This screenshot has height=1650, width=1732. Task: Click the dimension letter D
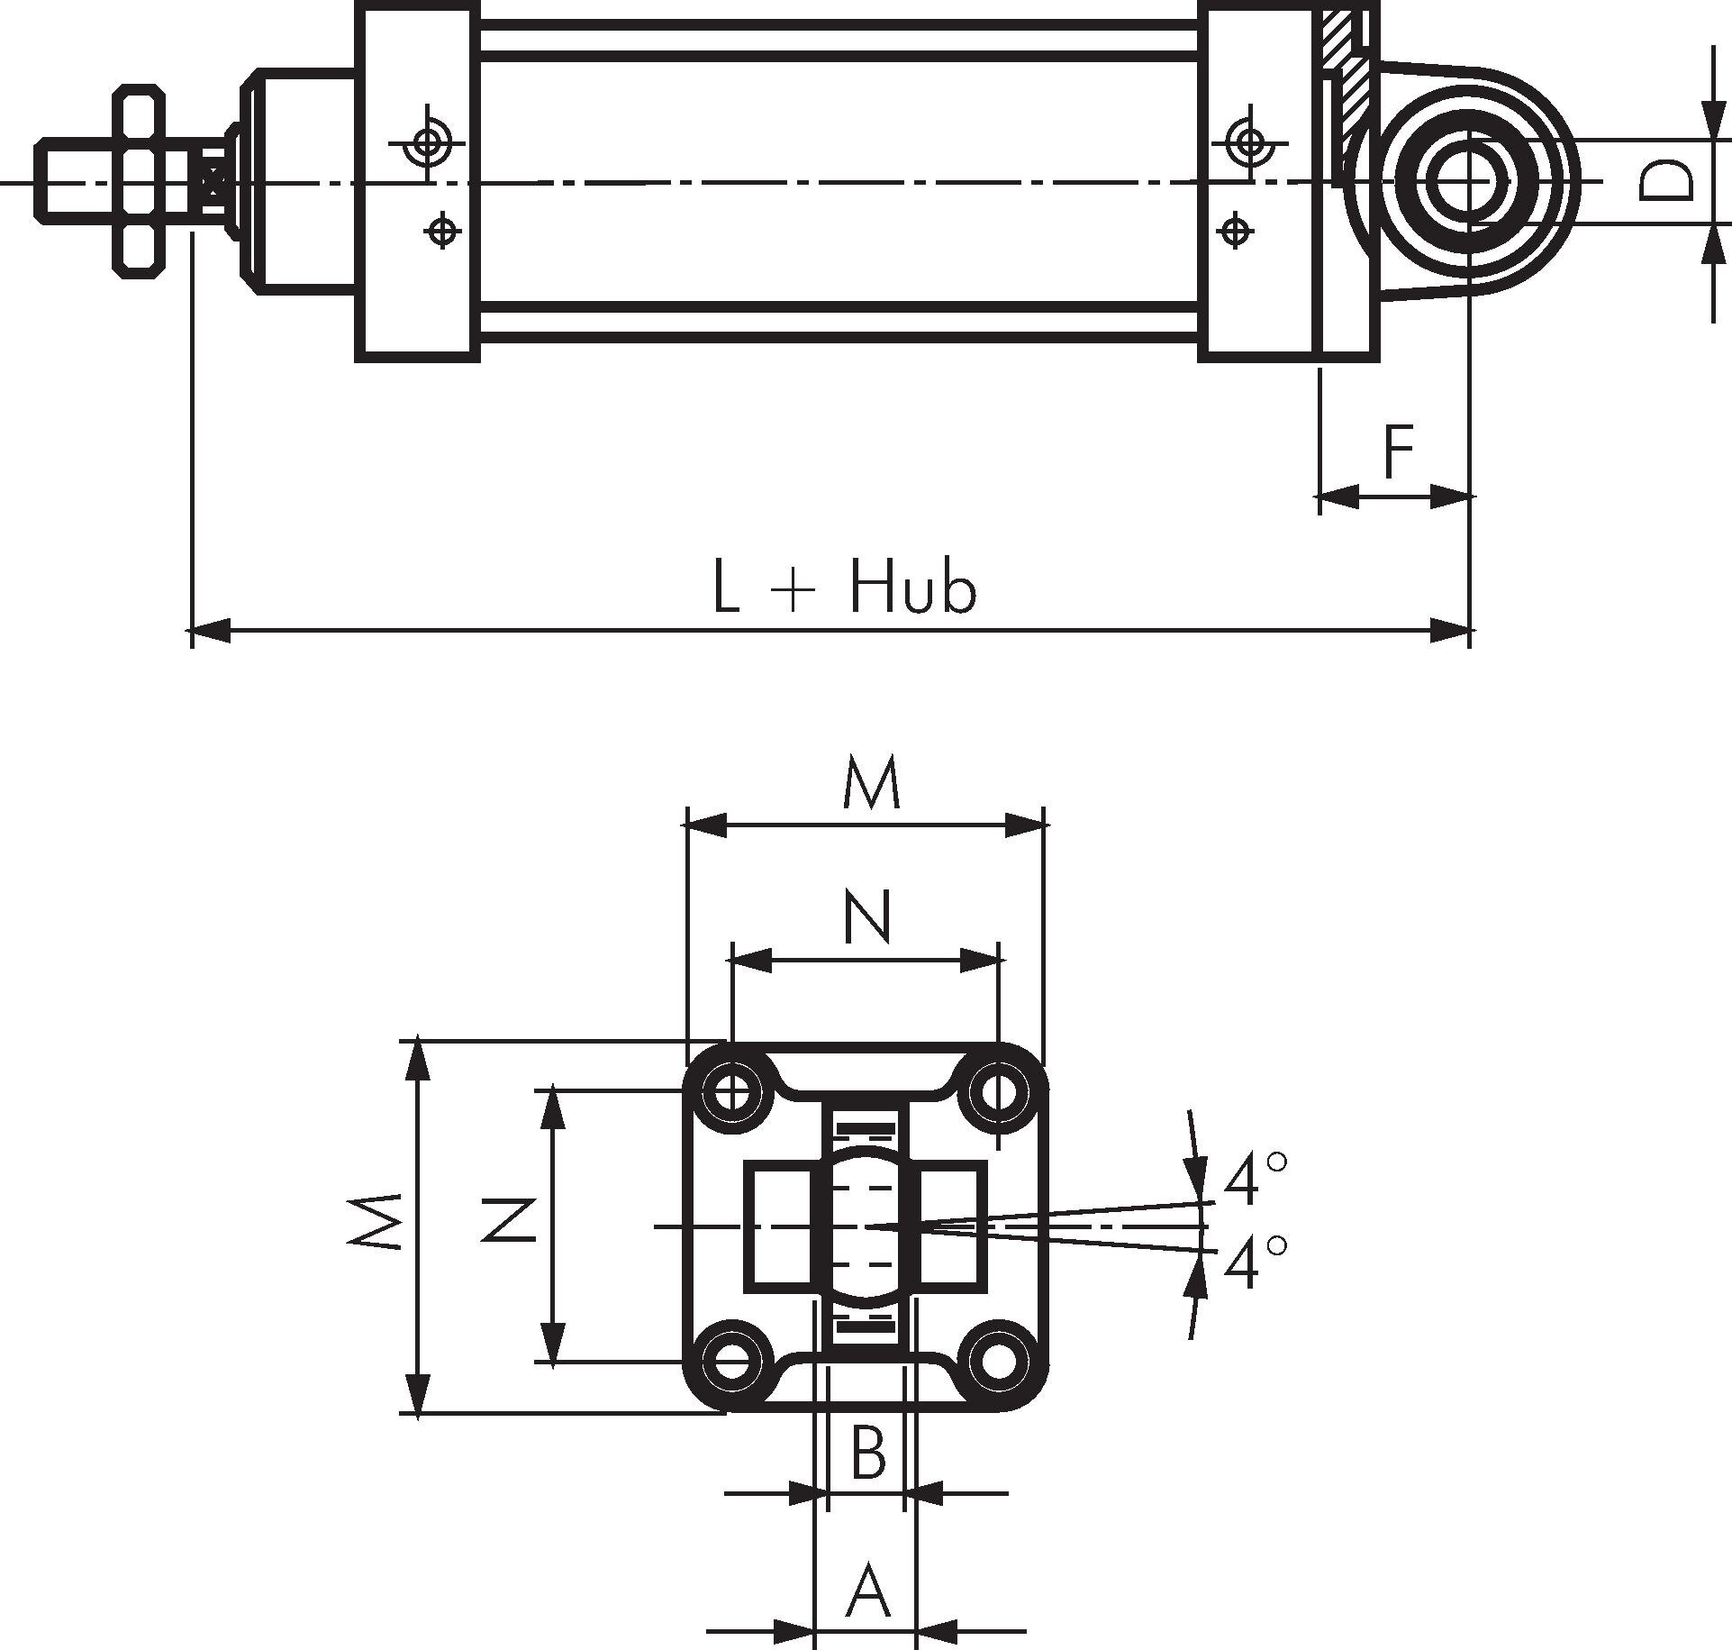tap(1666, 181)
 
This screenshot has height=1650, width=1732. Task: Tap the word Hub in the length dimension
tap(911, 589)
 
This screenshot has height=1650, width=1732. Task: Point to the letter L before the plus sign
tap(726, 589)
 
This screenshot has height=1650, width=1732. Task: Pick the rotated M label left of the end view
tap(375, 1222)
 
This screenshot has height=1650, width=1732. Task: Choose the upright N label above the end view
tap(867, 917)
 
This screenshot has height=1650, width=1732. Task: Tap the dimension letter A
tap(867, 1592)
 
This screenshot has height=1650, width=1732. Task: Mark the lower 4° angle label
tap(1255, 1263)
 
